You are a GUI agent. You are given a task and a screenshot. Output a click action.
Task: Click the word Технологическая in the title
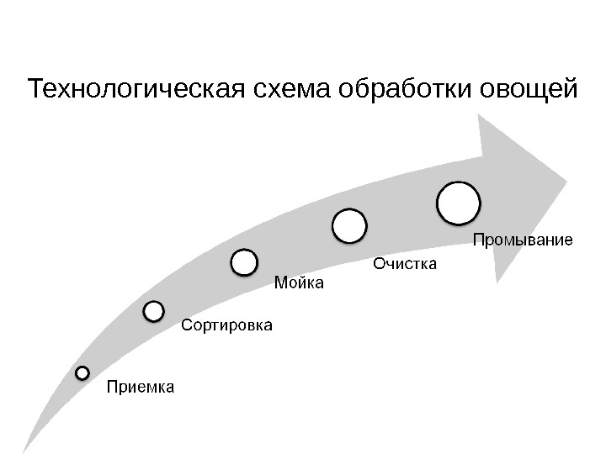coord(137,88)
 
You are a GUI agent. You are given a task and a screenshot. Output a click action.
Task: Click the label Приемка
coord(140,388)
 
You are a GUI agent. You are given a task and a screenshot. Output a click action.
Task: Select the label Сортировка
coord(227,324)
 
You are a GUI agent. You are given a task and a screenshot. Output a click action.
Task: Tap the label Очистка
coord(405,265)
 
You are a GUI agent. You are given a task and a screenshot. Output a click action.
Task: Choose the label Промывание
coord(522,240)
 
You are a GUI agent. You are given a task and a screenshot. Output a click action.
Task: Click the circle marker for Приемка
coord(82,372)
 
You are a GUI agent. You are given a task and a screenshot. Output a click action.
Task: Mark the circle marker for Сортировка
coord(154,312)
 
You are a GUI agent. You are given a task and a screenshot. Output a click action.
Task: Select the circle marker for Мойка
coord(244,262)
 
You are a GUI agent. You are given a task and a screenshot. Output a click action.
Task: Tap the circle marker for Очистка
coord(349,226)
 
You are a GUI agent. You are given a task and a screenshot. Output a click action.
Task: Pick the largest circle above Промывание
coord(459,203)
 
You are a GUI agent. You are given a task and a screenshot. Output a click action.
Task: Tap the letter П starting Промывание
coord(477,240)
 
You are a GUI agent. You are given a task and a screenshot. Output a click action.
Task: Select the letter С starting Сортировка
coord(187,324)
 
